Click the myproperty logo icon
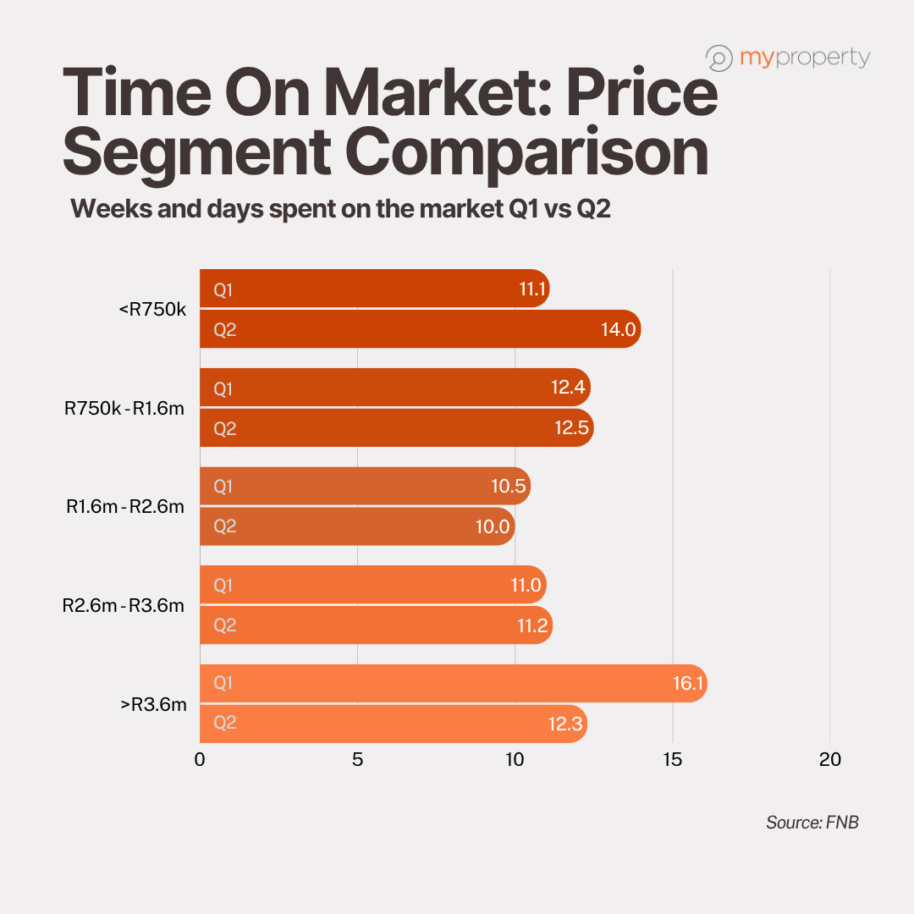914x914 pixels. pyautogui.click(x=719, y=58)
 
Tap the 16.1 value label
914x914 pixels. pyautogui.click(x=688, y=684)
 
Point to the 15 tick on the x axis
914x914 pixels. pyautogui.click(x=673, y=760)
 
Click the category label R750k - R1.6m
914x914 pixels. pyautogui.click(x=124, y=409)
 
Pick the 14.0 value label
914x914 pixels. pyautogui.click(x=618, y=330)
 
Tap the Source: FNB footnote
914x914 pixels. pyautogui.click(x=812, y=822)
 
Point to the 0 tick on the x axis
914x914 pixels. pyautogui.click(x=200, y=760)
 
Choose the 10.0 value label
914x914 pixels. pyautogui.click(x=493, y=526)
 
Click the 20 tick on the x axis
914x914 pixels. pyautogui.click(x=830, y=760)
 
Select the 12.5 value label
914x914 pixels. pyautogui.click(x=572, y=428)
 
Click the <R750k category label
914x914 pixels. pyautogui.click(x=152, y=310)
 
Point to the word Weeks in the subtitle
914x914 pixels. pyautogui.click(x=109, y=208)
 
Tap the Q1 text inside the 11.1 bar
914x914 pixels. pyautogui.click(x=223, y=290)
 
